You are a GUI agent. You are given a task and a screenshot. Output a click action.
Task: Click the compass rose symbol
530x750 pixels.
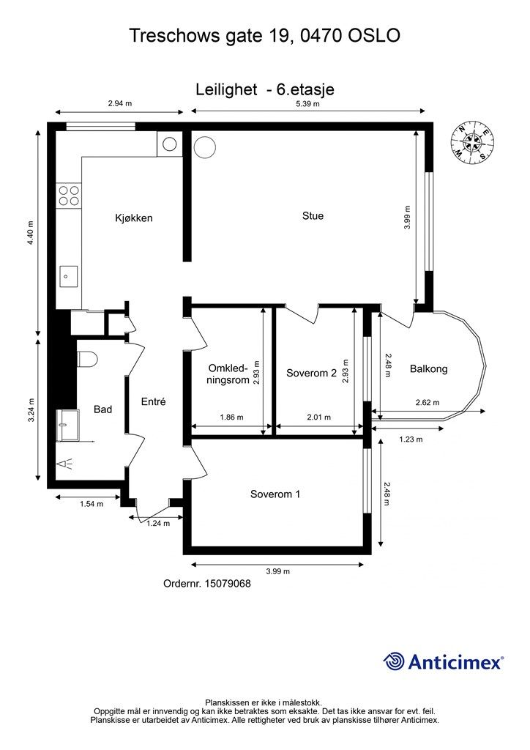[x=471, y=142]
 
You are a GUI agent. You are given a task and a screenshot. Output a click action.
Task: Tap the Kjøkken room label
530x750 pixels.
[x=134, y=218]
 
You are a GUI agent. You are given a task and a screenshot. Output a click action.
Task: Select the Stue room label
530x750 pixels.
[x=313, y=216]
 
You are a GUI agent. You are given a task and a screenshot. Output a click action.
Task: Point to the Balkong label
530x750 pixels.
[x=429, y=369]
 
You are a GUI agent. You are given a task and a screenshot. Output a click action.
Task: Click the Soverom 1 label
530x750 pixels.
[x=275, y=494]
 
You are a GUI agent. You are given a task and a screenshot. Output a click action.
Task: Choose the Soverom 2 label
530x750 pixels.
[x=312, y=373]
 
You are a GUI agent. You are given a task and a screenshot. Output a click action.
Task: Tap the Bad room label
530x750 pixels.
[x=102, y=409]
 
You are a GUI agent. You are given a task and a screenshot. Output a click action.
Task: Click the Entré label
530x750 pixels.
[x=154, y=402]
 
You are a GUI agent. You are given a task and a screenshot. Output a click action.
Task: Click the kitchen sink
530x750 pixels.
[x=68, y=276]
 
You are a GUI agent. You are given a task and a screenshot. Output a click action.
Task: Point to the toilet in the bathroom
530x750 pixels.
[x=87, y=359]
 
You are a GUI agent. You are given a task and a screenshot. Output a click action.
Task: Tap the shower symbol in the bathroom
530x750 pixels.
[x=65, y=464]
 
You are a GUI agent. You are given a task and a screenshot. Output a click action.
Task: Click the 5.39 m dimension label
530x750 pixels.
[x=307, y=104]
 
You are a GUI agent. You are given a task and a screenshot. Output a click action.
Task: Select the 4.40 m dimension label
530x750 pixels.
[x=31, y=233]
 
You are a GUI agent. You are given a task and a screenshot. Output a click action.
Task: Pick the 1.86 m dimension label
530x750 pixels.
[x=232, y=417]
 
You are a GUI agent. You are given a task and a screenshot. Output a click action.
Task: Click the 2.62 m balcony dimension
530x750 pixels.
[x=428, y=402]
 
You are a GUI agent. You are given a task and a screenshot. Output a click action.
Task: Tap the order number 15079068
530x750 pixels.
[x=228, y=584]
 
